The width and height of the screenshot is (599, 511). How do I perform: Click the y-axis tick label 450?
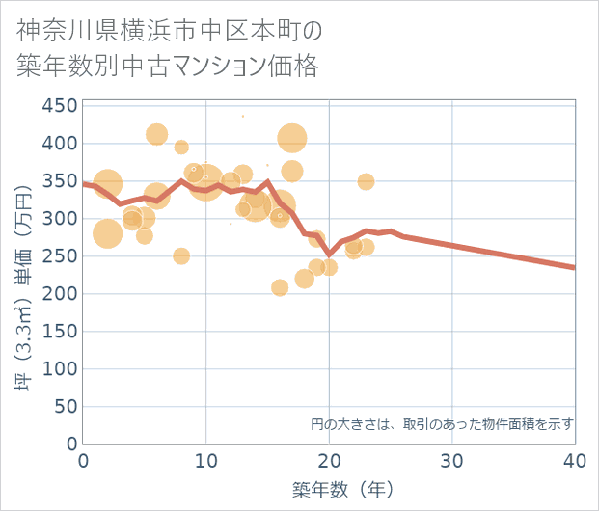pos(60,106)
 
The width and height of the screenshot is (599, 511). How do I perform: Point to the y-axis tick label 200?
pos(60,294)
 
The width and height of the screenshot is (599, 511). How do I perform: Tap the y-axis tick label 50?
pos(65,407)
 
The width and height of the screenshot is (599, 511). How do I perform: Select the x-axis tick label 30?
pos(452,461)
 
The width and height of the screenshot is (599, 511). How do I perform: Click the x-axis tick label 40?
pos(575,461)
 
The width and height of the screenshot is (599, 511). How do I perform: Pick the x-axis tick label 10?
pos(206,461)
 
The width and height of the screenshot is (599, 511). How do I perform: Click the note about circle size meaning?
pos(443,423)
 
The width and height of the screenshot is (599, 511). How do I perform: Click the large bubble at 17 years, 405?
pos(292,138)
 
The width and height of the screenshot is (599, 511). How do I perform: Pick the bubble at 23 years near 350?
pos(366,181)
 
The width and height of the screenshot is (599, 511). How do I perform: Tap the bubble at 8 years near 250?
pos(181,255)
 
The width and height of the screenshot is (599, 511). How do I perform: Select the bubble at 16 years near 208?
pos(280,287)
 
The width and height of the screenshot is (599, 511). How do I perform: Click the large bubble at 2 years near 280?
pos(108,233)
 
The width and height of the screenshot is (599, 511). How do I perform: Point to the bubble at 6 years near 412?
pos(157,134)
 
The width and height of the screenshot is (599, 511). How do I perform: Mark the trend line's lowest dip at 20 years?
pos(329,255)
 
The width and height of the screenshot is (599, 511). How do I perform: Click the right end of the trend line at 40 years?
pos(574,267)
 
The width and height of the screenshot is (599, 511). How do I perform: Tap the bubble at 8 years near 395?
pos(181,147)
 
